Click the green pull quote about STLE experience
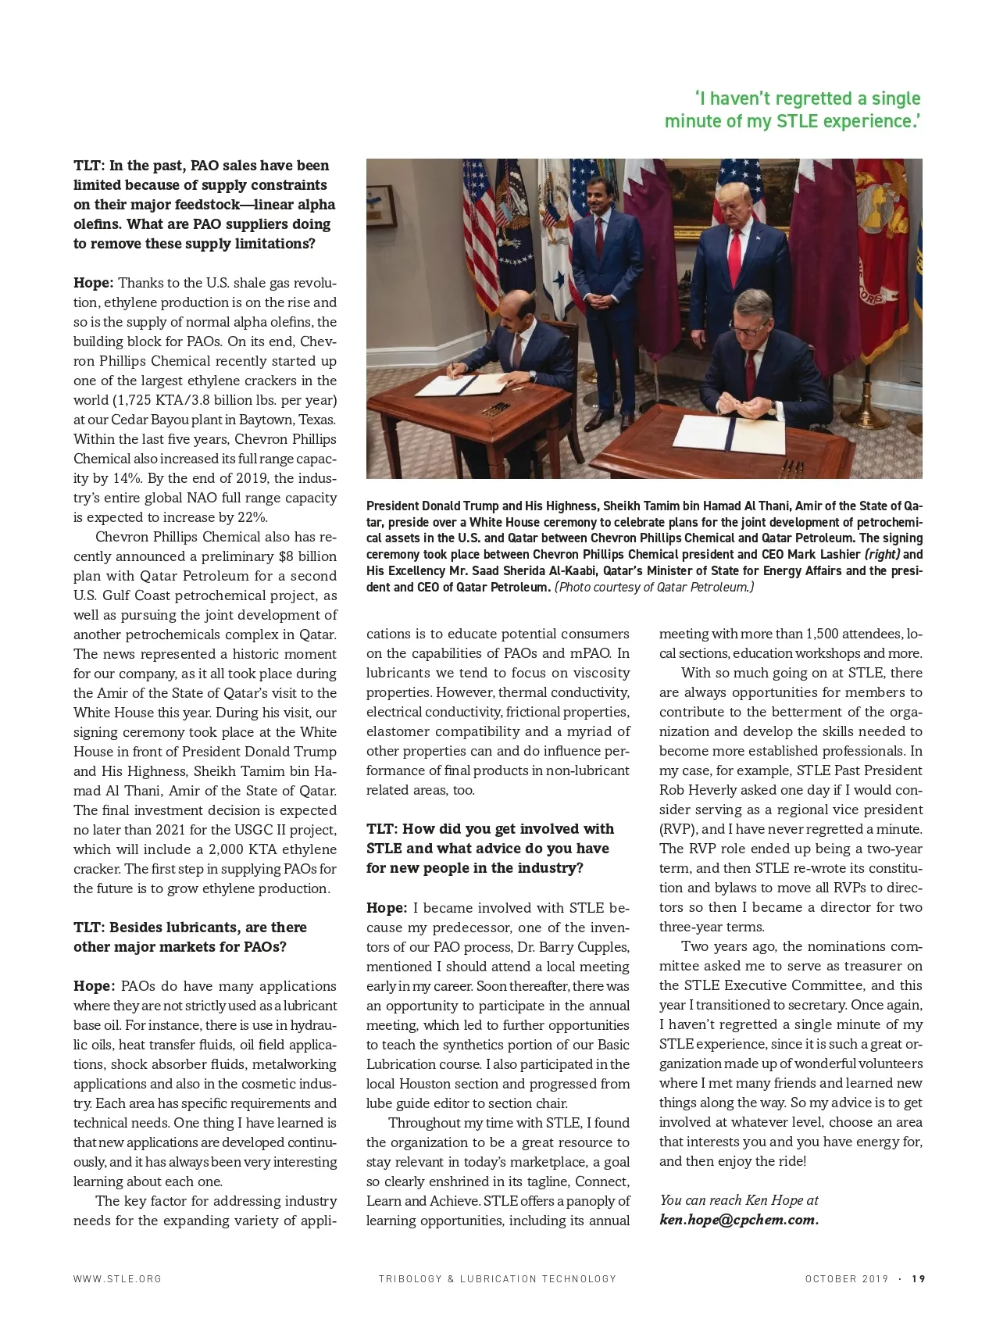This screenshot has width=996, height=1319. pos(792,109)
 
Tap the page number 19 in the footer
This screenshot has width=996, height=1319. pos(918,1278)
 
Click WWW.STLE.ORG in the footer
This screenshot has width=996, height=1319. pos(117,1278)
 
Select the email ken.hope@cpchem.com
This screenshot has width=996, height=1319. pos(739,1220)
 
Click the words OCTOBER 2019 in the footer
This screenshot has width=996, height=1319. pos(847,1278)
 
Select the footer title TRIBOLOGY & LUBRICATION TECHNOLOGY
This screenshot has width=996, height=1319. pos(498,1278)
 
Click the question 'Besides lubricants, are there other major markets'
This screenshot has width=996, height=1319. pos(190,937)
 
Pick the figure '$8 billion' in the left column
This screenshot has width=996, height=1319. pos(307,556)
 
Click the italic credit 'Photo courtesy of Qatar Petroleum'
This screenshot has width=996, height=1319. pos(654,587)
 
